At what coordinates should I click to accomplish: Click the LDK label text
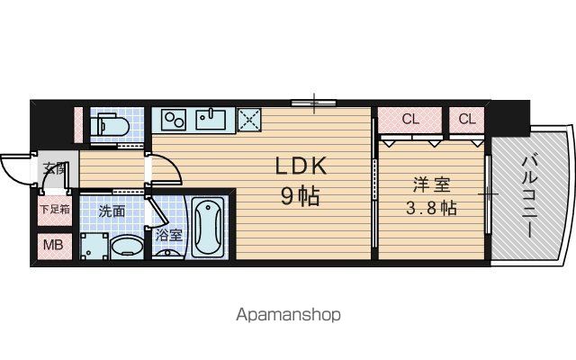pos(301,166)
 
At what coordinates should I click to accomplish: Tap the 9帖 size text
pos(300,196)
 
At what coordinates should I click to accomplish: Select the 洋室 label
pos(432,184)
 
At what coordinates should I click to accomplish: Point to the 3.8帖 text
pos(431,208)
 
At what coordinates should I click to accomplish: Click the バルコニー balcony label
pos(530,196)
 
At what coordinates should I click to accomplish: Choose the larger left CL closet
pos(410,120)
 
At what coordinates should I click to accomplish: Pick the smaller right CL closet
pos(466,120)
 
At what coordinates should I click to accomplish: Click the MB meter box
pos(54,245)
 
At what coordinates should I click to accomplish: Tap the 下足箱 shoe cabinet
pos(55,210)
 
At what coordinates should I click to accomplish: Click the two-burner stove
pos(174,120)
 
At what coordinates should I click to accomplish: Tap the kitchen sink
pos(211,119)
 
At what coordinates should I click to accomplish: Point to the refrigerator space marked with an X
pos(249,120)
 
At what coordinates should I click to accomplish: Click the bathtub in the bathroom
pos(208,227)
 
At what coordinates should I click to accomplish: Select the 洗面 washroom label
pos(112,211)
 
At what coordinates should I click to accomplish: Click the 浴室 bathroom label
pos(168,235)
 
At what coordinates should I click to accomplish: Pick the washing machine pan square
pos(94,246)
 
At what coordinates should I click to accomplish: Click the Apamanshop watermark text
pos(288,315)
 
